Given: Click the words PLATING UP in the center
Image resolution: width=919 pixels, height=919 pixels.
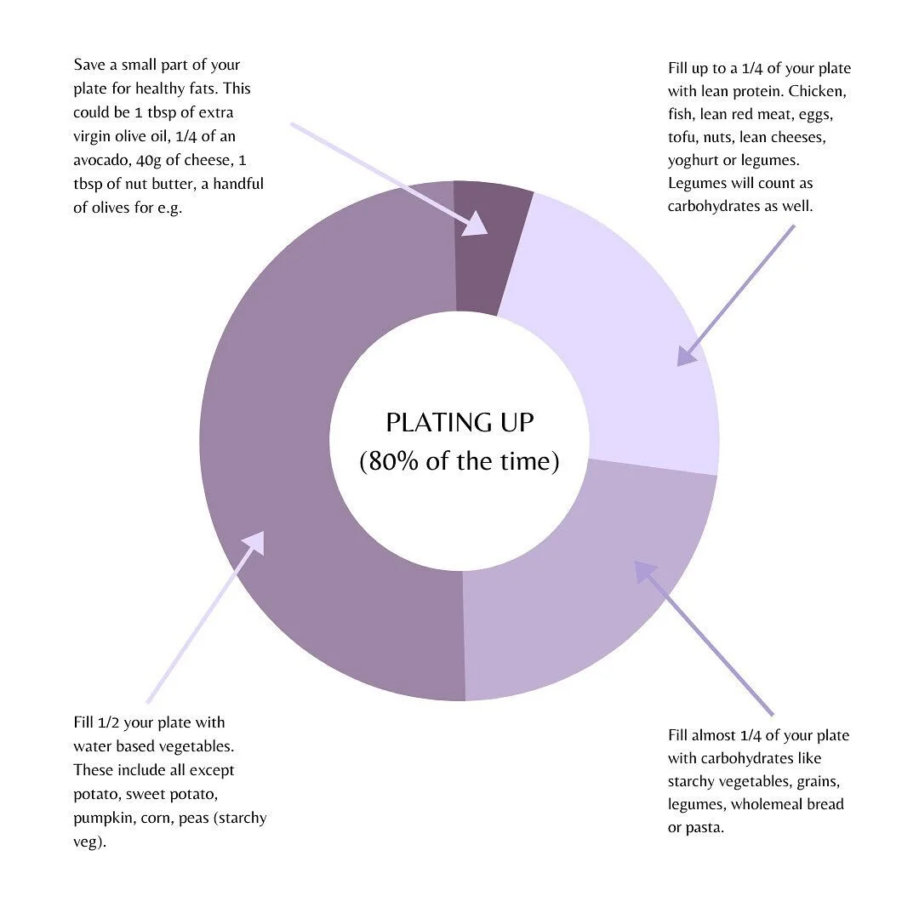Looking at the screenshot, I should [459, 423].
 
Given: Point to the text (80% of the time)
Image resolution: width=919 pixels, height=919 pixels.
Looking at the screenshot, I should [459, 462].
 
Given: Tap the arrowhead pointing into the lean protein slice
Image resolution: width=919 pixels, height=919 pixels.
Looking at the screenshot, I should [686, 356].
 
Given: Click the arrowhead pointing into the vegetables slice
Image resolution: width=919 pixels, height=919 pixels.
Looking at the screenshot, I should [254, 542].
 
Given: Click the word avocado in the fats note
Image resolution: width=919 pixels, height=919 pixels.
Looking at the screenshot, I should [101, 160].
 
